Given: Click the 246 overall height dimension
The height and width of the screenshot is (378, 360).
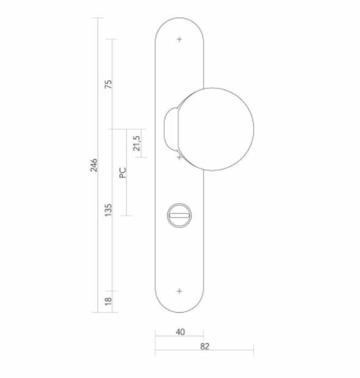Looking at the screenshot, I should click(x=94, y=165).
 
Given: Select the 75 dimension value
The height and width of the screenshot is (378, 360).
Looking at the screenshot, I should click(x=109, y=84).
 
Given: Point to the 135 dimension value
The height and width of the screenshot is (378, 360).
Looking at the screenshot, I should click(x=109, y=210).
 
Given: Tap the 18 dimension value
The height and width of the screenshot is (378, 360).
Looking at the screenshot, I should click(x=109, y=301).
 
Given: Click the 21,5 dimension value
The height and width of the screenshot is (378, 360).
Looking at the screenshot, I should click(x=137, y=143).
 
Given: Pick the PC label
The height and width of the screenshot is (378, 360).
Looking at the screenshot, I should click(x=123, y=173).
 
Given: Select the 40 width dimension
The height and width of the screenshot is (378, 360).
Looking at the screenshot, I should click(x=179, y=332).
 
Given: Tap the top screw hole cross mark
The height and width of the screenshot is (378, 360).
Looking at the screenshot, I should click(x=179, y=40).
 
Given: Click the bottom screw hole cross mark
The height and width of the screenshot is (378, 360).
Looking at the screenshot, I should click(x=179, y=291).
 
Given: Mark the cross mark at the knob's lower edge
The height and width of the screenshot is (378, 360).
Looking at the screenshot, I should click(x=179, y=157).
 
